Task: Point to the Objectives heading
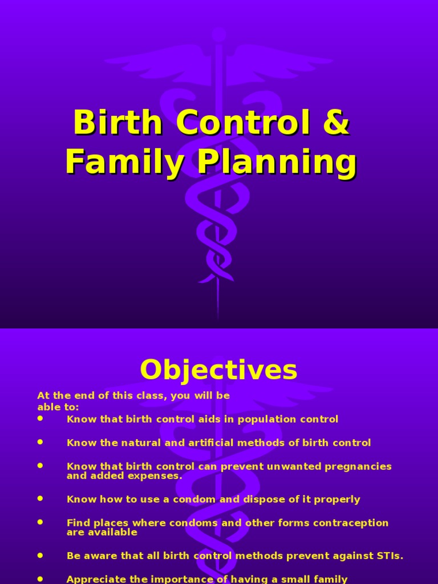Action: tap(218, 370)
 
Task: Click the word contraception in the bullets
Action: tap(351, 523)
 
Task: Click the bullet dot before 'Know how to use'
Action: tap(40, 498)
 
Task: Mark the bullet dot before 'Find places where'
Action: tap(40, 522)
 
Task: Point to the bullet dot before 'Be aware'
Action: tap(40, 554)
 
